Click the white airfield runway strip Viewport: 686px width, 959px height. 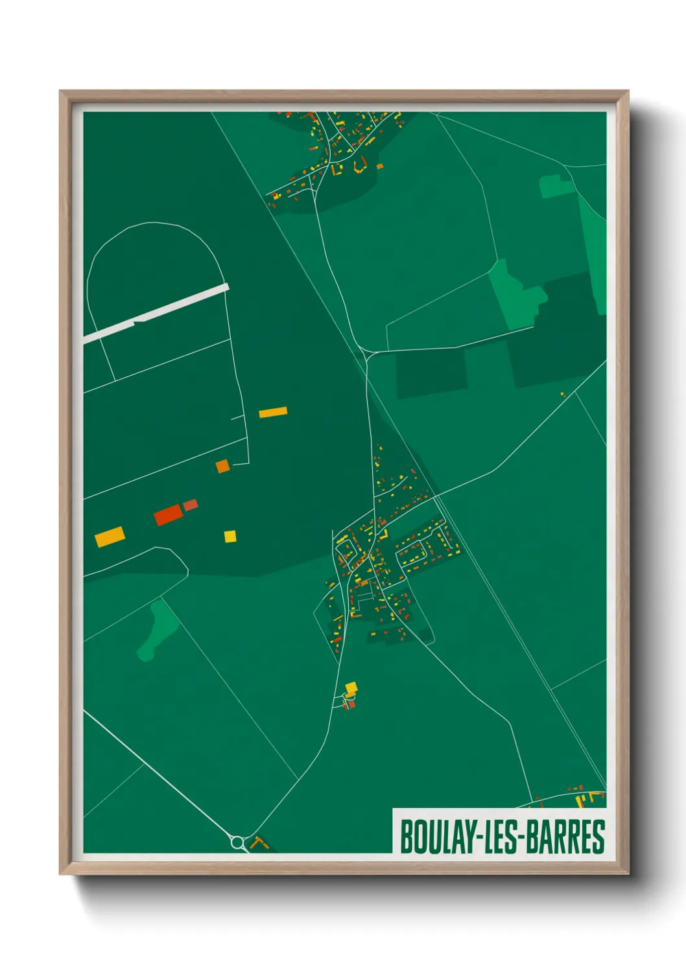[156, 313]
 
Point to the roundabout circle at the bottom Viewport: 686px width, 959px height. [237, 842]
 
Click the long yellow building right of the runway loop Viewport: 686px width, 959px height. [273, 412]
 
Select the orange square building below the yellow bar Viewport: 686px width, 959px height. [222, 466]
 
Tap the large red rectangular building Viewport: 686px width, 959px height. [168, 515]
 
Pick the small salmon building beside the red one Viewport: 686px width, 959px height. [190, 505]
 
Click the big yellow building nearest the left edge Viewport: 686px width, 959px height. [110, 537]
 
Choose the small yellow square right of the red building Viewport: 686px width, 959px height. [230, 536]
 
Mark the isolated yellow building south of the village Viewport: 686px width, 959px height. [351, 687]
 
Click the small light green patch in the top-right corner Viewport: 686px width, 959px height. [556, 186]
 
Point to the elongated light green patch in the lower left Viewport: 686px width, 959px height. [158, 629]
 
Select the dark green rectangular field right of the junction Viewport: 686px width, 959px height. [431, 373]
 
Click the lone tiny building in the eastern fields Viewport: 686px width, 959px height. [562, 393]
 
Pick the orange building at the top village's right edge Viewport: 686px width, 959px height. [380, 167]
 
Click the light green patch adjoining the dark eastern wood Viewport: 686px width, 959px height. [515, 295]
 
